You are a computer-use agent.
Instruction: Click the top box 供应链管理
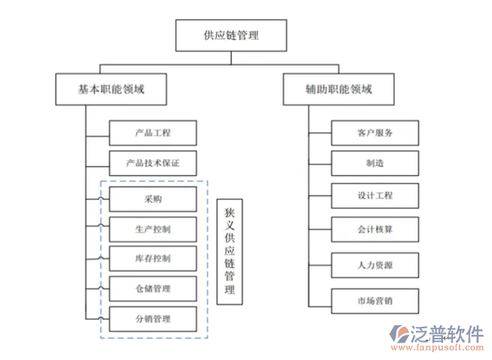click(x=231, y=36)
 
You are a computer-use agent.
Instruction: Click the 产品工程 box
click(x=153, y=132)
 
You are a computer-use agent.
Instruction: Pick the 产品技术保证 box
click(x=153, y=164)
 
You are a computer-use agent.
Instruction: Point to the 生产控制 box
click(x=153, y=229)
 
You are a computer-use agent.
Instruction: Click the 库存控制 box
click(x=153, y=259)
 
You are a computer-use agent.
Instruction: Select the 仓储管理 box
click(x=153, y=289)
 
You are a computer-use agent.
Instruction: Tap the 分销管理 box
click(x=153, y=319)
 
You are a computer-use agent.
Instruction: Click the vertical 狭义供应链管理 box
click(x=229, y=252)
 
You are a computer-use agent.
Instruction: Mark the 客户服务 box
click(x=375, y=132)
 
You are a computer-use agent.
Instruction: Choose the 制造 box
click(x=375, y=163)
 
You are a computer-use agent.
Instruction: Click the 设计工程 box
click(x=375, y=195)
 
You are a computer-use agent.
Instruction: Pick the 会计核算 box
click(x=375, y=229)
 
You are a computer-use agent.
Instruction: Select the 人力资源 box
click(x=375, y=264)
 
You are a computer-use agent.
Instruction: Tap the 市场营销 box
click(x=375, y=301)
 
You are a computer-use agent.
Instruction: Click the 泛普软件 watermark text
click(x=447, y=332)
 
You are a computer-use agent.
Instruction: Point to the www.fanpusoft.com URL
click(x=448, y=347)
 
